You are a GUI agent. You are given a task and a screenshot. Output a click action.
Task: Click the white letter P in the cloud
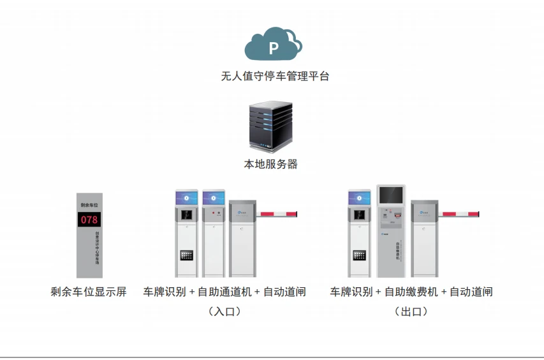274,48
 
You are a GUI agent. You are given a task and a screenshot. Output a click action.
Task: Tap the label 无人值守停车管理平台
275,77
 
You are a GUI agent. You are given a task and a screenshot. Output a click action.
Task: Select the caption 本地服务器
271,164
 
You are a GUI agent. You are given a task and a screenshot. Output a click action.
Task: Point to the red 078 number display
89,220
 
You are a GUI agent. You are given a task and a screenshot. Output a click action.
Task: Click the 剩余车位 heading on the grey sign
89,205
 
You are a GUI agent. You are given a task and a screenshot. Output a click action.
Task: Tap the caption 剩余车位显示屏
89,292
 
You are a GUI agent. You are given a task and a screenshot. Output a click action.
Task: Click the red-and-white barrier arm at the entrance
278,214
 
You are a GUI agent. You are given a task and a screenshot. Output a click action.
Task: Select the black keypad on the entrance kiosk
187,255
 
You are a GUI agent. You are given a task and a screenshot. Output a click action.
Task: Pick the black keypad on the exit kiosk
359,255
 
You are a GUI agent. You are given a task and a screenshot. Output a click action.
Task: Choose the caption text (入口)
224,311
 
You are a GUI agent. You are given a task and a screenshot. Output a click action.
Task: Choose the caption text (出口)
411,311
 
